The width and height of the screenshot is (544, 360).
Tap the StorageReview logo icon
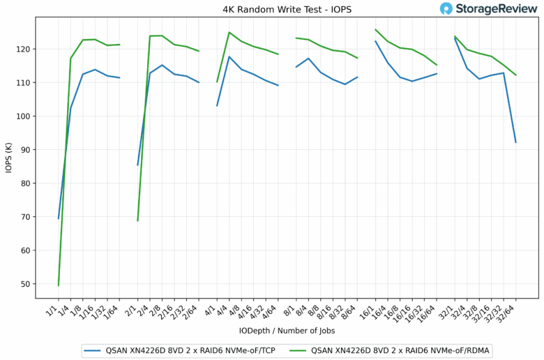coord(446,8)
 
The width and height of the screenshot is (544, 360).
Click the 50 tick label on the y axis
coord(25,284)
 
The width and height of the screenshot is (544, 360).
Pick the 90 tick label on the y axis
coord(25,150)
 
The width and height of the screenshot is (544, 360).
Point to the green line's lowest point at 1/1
coord(59,285)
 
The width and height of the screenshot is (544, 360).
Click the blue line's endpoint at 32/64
coord(515,142)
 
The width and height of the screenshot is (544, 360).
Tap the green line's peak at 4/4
coord(229,32)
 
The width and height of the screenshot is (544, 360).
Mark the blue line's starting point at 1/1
coord(59,218)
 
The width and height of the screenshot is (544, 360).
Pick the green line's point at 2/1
coord(137,220)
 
